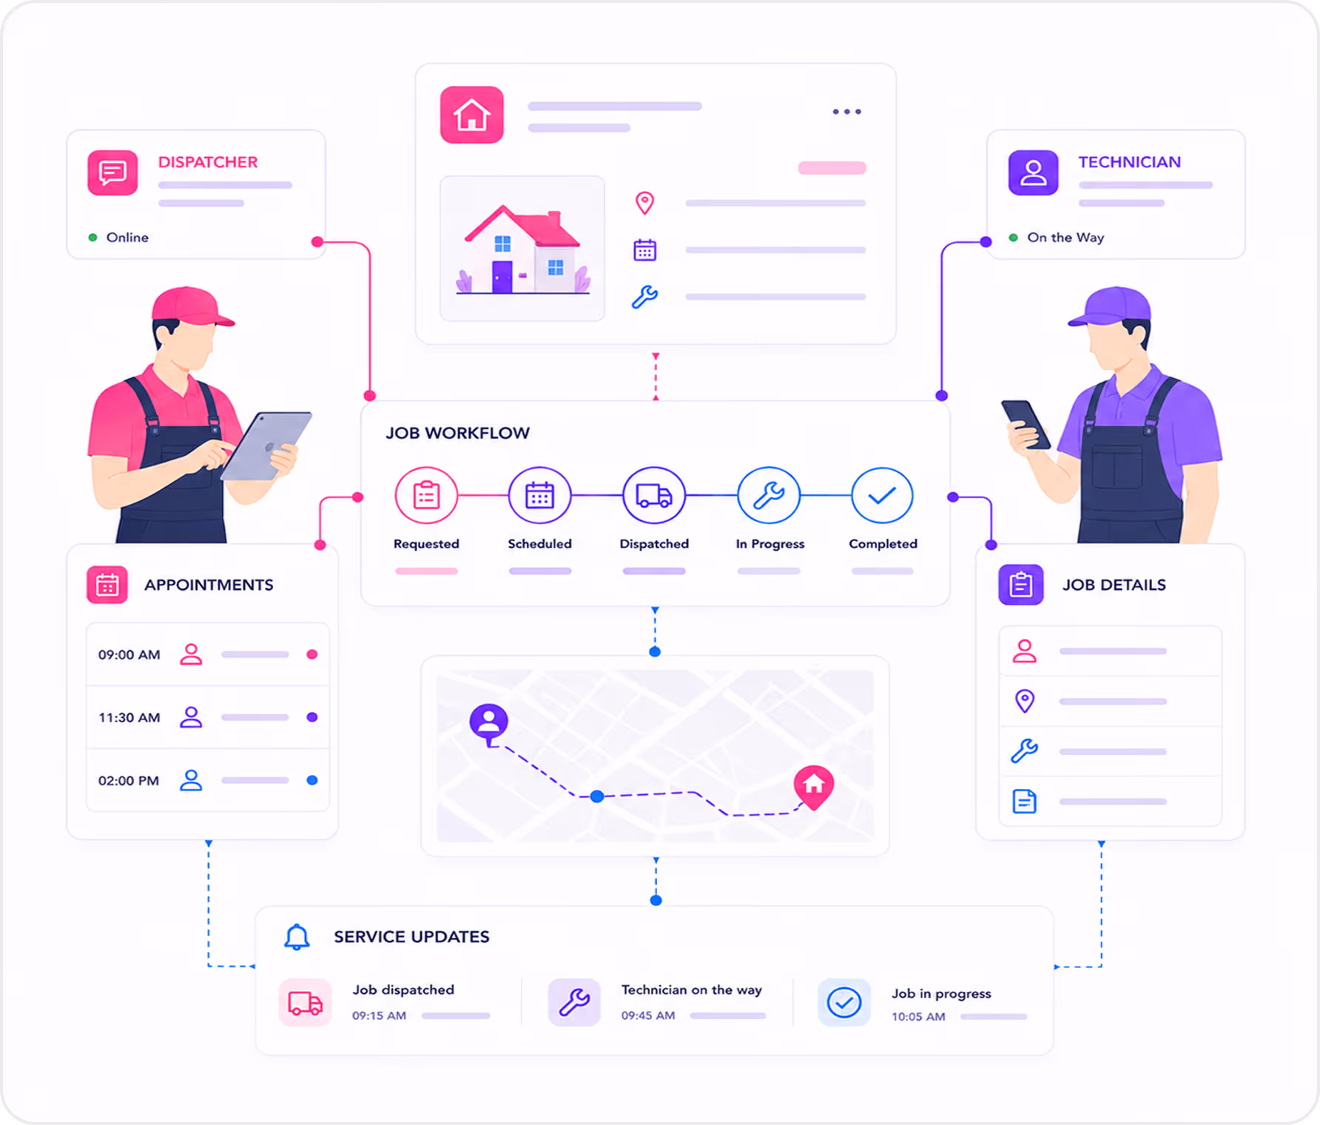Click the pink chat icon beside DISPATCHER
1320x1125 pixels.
tap(112, 172)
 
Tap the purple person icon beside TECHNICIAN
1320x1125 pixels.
tap(1033, 172)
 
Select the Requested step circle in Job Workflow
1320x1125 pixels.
tap(426, 495)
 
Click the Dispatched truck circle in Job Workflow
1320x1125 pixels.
tap(654, 495)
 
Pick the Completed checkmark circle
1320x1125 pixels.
tap(882, 495)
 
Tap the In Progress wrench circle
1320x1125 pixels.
tap(769, 495)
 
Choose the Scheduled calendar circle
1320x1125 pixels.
tap(539, 495)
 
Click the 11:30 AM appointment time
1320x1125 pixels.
tap(129, 717)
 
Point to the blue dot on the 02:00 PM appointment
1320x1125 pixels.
tap(312, 780)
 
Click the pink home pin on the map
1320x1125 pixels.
tap(814, 786)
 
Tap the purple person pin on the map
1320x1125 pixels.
tap(489, 724)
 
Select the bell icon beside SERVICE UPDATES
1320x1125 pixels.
tap(297, 936)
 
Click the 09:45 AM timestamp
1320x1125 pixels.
tap(648, 1015)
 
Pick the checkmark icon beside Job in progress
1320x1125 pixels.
tap(843, 1003)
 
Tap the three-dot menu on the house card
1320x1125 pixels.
tap(846, 112)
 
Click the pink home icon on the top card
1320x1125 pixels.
tap(472, 115)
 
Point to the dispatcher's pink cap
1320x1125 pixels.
tap(190, 306)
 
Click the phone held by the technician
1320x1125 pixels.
tap(1026, 424)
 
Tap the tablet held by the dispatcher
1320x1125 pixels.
tap(267, 446)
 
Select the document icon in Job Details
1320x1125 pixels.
tap(1024, 802)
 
